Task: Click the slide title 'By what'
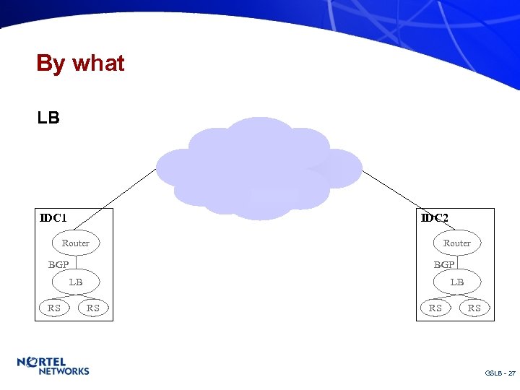pyautogui.click(x=80, y=64)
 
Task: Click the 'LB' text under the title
pyautogui.click(x=48, y=117)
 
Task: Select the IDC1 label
pyautogui.click(x=53, y=217)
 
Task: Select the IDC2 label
pyautogui.click(x=435, y=217)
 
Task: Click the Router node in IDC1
pyautogui.click(x=76, y=243)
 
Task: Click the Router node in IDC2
pyautogui.click(x=456, y=243)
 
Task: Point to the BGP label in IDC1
pyautogui.click(x=58, y=265)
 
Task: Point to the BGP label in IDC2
pyautogui.click(x=444, y=265)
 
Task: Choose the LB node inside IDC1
pyautogui.click(x=76, y=282)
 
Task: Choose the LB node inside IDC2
pyautogui.click(x=457, y=282)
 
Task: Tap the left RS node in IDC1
pyautogui.click(x=54, y=308)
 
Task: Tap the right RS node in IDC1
pyautogui.click(x=93, y=308)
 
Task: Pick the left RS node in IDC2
pyautogui.click(x=435, y=308)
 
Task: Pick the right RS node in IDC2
pyautogui.click(x=474, y=308)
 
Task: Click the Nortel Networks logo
pyautogui.click(x=53, y=365)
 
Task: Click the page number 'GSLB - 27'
pyautogui.click(x=500, y=373)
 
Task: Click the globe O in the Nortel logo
pyautogui.click(x=32, y=361)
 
